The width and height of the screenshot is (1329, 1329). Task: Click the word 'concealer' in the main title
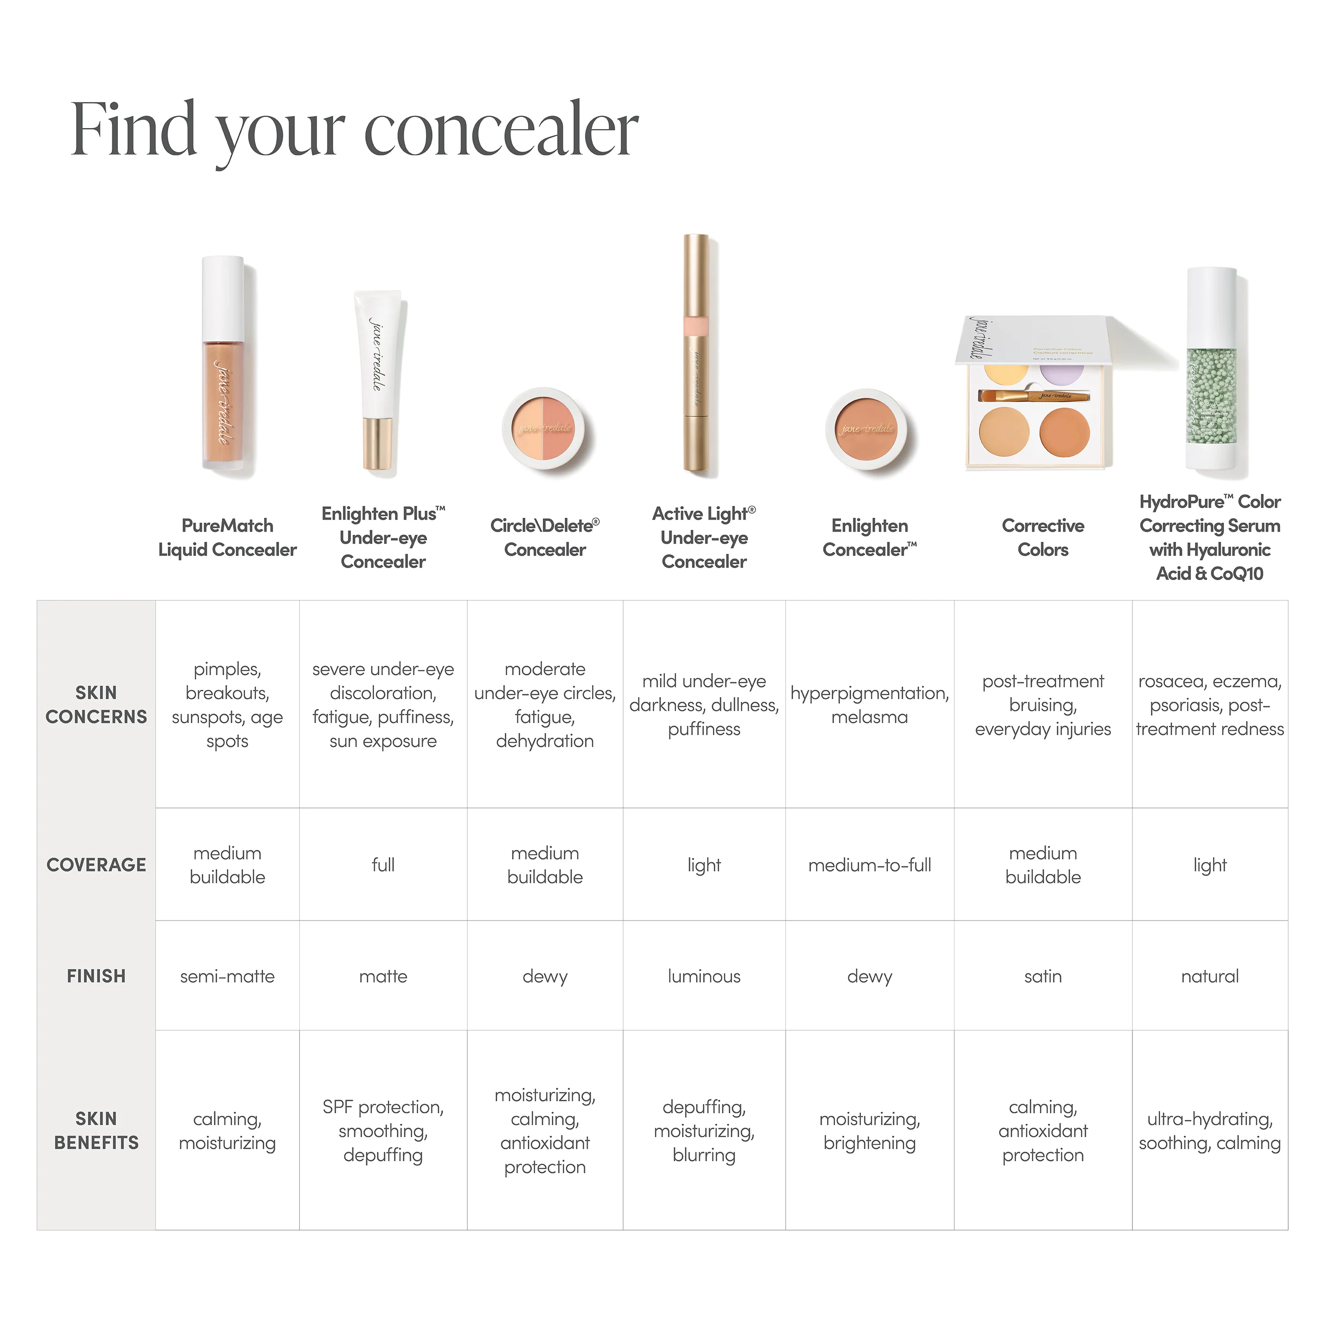coord(501,131)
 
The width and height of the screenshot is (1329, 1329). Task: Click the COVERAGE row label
coord(96,865)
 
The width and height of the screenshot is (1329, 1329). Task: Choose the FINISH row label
coord(96,977)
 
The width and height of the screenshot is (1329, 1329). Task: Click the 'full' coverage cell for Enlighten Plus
coord(383,865)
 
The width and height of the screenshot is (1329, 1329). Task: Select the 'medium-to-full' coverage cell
coord(870,865)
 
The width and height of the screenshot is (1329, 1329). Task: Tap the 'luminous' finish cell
coord(704,977)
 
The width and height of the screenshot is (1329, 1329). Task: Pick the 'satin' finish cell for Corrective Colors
coord(1043,977)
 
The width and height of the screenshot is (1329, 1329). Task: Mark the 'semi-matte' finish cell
coord(227,977)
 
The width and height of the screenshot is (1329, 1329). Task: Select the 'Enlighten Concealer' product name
coord(870,538)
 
